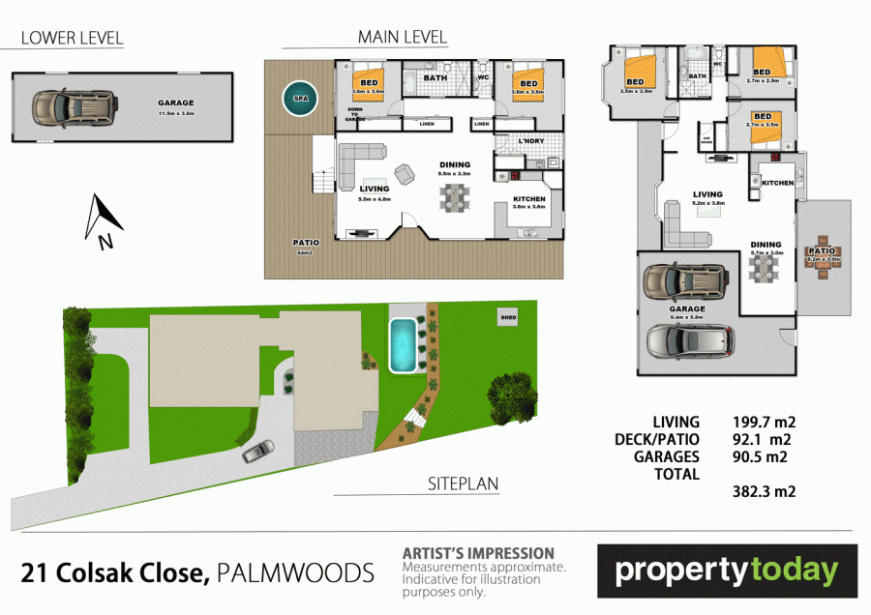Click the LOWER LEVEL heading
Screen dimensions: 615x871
pos(72,39)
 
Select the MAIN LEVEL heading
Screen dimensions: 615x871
pos(402,38)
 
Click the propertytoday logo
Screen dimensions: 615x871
pos(727,571)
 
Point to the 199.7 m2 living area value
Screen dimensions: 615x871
pos(764,423)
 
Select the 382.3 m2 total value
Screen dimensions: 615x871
pos(764,491)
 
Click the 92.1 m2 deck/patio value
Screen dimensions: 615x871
pos(764,440)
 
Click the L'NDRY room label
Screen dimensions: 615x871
pos(529,143)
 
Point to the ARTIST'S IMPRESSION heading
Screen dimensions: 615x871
pos(478,553)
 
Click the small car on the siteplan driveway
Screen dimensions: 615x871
pos(258,449)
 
